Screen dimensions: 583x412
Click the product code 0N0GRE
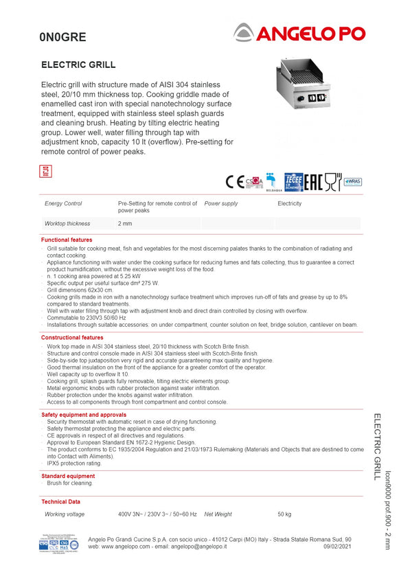point(62,38)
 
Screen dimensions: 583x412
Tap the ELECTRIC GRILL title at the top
point(78,65)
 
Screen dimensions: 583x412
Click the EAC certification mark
point(314,181)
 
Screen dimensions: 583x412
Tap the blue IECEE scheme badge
point(294,181)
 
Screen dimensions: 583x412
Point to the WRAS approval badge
point(352,181)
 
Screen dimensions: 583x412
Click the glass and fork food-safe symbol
point(332,181)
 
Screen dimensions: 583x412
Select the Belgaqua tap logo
point(273,181)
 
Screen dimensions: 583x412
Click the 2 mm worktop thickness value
point(125,224)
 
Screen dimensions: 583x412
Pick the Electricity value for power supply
point(289,204)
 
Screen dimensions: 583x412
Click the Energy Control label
point(63,204)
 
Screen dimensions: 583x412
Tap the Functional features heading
point(67,240)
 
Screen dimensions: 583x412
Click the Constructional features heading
point(72,338)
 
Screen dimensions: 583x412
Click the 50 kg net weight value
point(284,514)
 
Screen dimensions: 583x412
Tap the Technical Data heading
point(60,502)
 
